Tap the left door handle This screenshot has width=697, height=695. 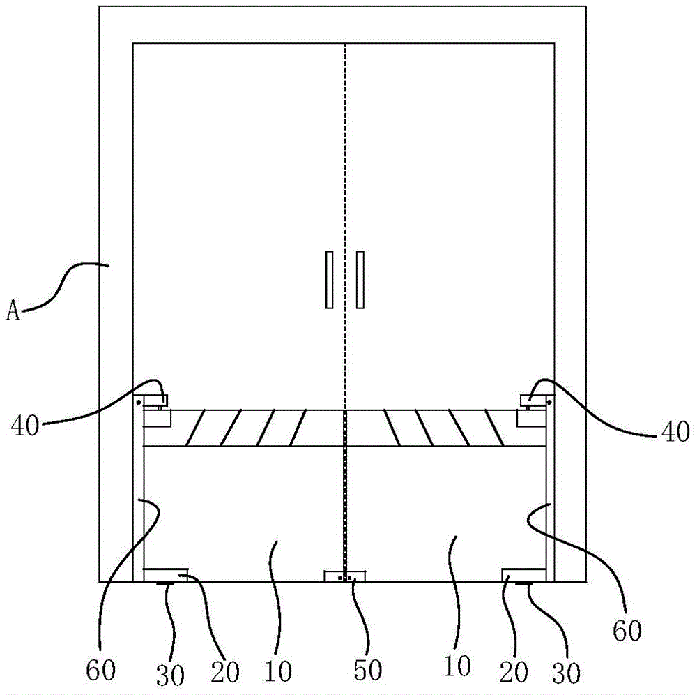pos(329,279)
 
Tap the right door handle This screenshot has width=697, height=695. pos(360,279)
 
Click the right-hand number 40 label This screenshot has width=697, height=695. pos(674,431)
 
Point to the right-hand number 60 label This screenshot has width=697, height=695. pos(627,631)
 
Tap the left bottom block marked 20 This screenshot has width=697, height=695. pos(165,574)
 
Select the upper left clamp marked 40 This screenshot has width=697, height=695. pos(156,401)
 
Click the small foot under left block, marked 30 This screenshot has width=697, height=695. pos(166,584)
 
